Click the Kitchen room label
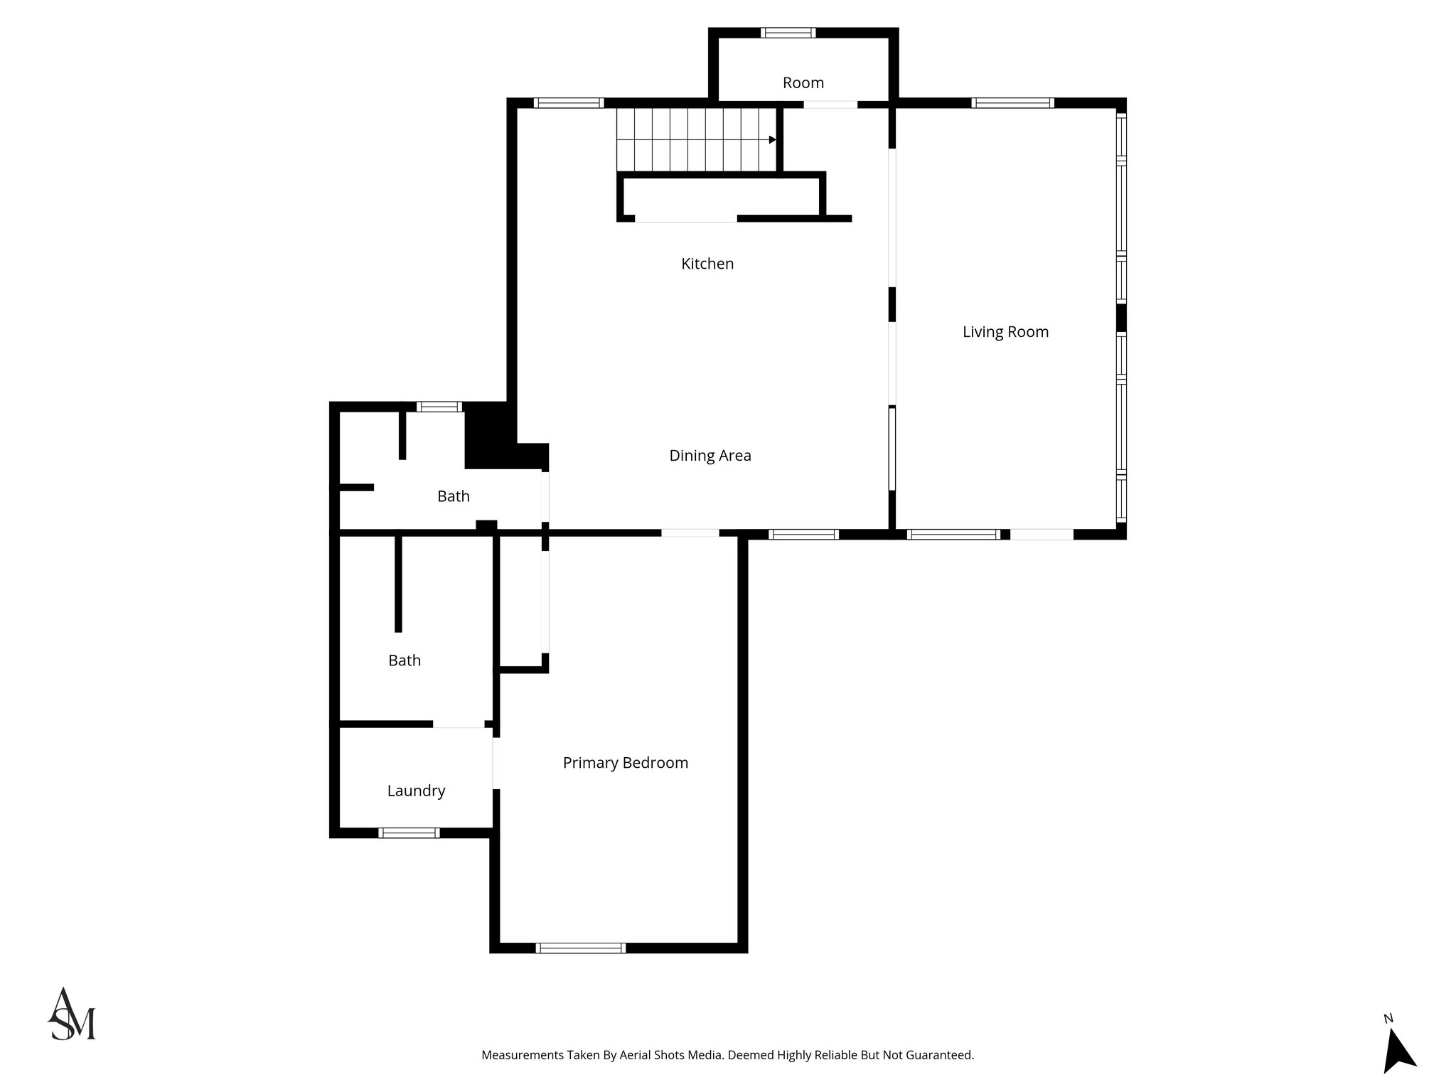[x=707, y=264]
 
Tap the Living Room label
[x=1005, y=332]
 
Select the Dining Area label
[x=710, y=456]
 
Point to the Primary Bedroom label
[x=625, y=763]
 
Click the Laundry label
[x=416, y=791]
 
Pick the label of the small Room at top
[x=803, y=83]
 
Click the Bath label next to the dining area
[x=453, y=496]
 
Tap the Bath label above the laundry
[x=404, y=660]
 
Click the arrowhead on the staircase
[x=772, y=140]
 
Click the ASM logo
[x=72, y=1015]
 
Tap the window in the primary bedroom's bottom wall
[x=580, y=948]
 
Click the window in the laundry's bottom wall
[x=408, y=833]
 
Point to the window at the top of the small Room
[x=788, y=32]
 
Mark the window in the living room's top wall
[x=1012, y=103]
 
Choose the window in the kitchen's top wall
[x=568, y=103]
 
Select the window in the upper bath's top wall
[x=439, y=407]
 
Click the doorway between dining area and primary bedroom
[x=690, y=532]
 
